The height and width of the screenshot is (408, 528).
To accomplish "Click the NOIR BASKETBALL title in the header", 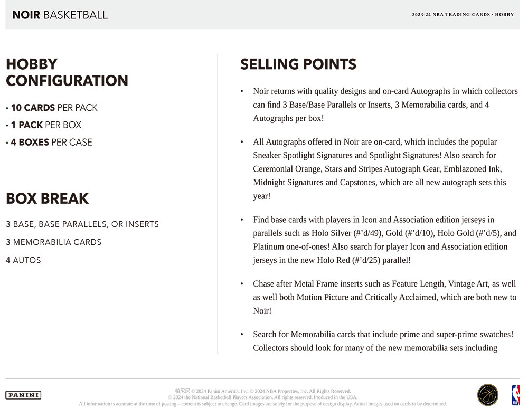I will click(x=60, y=15).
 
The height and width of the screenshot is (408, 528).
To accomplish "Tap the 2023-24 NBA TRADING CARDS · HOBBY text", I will click(x=463, y=15).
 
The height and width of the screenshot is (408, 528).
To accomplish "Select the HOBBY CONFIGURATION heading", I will click(x=67, y=72).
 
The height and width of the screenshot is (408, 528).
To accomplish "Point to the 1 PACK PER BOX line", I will click(x=46, y=125).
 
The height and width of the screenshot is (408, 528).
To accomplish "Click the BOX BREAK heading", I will click(x=47, y=199).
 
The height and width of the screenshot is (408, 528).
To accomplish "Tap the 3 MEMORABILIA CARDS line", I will click(x=53, y=242).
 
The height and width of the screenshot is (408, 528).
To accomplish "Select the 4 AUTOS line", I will click(x=23, y=260).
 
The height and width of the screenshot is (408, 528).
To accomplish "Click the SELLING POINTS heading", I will click(x=298, y=64).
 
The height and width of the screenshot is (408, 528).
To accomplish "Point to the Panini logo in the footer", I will click(x=23, y=395).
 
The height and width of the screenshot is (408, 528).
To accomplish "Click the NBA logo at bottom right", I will click(x=515, y=395).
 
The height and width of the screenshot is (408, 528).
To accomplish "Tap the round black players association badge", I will click(x=487, y=395).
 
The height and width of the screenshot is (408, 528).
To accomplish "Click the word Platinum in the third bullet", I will click(x=269, y=246).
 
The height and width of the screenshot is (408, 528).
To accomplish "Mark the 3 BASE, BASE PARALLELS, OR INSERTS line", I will click(x=82, y=224).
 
